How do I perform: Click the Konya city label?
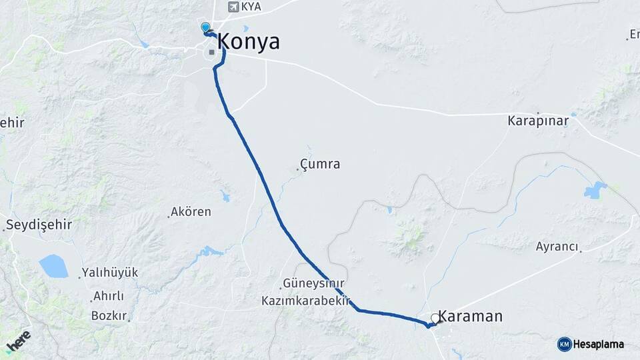tap(248, 42)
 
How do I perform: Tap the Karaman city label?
tap(471, 317)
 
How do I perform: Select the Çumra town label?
tap(320, 164)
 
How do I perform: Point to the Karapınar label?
tap(537, 121)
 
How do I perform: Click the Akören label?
tap(191, 212)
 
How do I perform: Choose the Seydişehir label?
tap(39, 225)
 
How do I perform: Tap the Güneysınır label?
tap(313, 283)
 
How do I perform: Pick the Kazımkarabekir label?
tap(306, 301)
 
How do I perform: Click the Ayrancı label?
tap(557, 247)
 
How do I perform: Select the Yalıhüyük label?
tap(109, 273)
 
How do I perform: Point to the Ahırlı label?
tap(109, 296)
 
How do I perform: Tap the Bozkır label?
tap(109, 315)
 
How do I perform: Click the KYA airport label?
tap(250, 7)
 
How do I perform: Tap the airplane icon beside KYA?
tap(232, 7)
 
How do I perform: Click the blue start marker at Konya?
tap(205, 27)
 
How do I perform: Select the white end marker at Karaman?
tap(435, 319)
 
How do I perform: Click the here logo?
tap(19, 343)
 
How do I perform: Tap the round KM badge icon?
tap(564, 344)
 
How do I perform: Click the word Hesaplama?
tap(599, 344)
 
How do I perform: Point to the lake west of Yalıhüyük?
tap(53, 266)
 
